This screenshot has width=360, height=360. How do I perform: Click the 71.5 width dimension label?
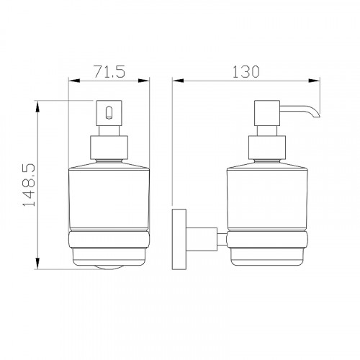(x=109, y=71)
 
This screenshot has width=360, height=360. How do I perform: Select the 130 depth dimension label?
(x=246, y=71)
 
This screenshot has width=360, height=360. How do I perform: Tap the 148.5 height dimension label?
(x=29, y=185)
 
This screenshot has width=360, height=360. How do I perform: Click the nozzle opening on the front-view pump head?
(x=109, y=112)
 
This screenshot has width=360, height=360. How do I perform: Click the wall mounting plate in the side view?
(x=179, y=239)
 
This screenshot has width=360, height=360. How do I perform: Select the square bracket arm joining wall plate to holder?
(x=202, y=239)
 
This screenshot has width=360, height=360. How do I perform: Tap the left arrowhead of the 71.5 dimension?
(x=74, y=81)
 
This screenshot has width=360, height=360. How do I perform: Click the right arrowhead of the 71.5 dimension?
(x=144, y=81)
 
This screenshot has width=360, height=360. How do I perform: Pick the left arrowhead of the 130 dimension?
(x=178, y=81)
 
